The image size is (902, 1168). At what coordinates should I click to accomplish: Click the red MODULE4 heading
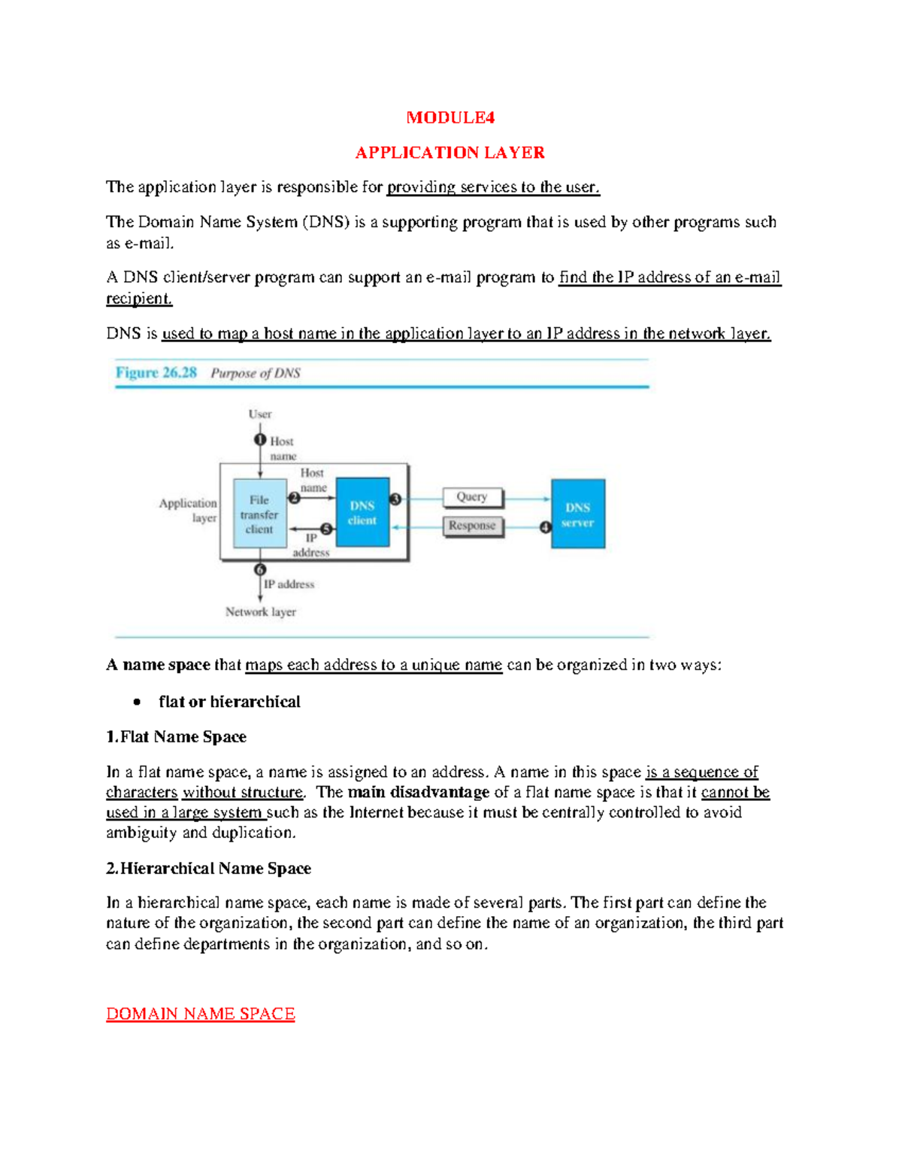[450, 117]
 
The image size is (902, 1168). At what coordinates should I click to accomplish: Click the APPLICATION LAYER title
[449, 153]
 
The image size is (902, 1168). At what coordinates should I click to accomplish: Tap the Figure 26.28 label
[156, 372]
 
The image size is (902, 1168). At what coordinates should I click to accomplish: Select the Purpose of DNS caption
[256, 373]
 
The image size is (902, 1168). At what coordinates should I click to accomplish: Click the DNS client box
[362, 513]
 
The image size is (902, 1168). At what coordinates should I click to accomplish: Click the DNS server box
[577, 514]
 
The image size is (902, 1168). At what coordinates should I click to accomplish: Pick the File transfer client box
[259, 514]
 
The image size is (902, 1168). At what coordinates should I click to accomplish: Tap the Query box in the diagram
[472, 497]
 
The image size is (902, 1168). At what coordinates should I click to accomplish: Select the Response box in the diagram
[472, 526]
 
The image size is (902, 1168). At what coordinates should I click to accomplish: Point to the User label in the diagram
[260, 414]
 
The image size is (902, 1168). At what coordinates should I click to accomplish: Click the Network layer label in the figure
[261, 612]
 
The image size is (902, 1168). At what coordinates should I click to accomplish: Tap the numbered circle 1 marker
[260, 440]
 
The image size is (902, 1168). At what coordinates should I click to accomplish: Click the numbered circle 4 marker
[546, 527]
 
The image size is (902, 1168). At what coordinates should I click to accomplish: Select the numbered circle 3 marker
[396, 499]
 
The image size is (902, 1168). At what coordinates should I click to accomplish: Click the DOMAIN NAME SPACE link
[200, 1014]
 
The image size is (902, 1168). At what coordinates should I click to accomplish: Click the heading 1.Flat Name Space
[177, 737]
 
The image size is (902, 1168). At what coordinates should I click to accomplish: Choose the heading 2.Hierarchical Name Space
[208, 869]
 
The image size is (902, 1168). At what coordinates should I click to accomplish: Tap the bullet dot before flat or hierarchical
[137, 702]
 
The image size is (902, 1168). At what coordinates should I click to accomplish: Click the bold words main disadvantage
[419, 793]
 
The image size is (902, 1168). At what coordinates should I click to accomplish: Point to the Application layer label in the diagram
[189, 510]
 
